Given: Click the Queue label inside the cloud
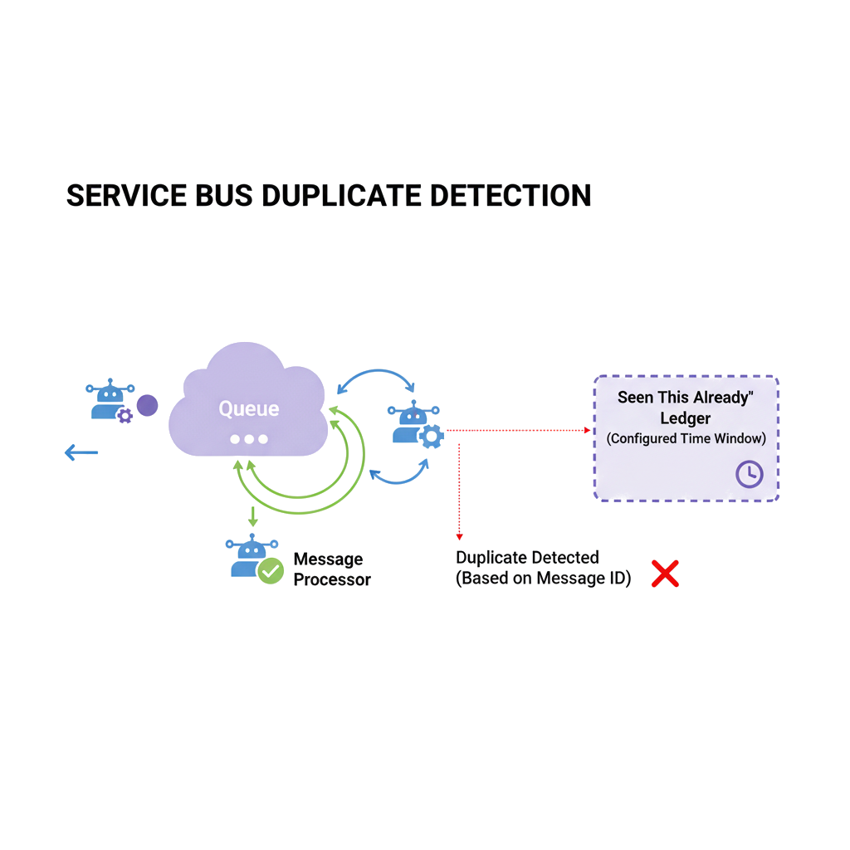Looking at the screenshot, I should click(248, 408).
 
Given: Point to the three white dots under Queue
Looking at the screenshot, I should click(248, 439).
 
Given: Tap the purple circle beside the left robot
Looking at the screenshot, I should click(147, 405).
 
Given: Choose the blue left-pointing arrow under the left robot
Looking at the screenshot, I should click(81, 453).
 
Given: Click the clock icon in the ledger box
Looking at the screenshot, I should click(749, 474).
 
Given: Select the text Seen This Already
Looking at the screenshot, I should click(685, 398).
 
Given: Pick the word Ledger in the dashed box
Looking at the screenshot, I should click(685, 418).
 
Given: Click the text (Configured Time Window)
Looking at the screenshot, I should click(686, 438).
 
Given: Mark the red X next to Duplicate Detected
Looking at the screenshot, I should click(664, 574).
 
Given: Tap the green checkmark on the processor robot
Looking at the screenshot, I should click(271, 571).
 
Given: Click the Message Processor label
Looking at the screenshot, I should click(331, 569).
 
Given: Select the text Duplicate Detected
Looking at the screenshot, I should click(527, 558).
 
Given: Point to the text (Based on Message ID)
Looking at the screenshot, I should click(543, 579).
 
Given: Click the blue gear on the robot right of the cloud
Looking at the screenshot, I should click(431, 436).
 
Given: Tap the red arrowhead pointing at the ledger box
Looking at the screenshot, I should click(587, 430).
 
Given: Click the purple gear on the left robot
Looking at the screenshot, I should click(125, 415).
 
